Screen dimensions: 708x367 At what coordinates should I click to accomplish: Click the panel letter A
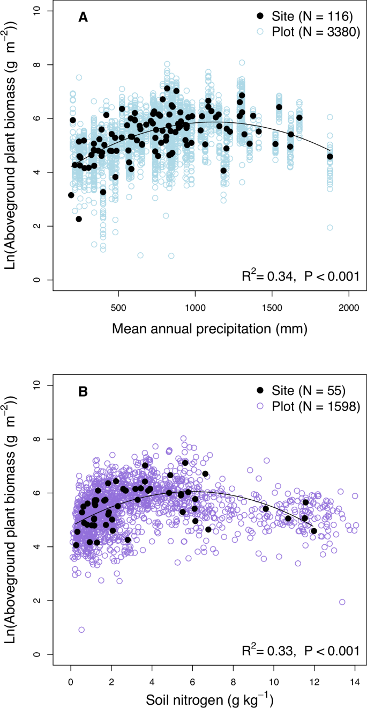[83, 18]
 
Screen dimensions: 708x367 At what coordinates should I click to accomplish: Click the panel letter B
[83, 392]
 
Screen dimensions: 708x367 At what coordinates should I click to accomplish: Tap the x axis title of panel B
[209, 697]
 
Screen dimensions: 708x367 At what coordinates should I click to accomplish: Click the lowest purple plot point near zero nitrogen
[81, 630]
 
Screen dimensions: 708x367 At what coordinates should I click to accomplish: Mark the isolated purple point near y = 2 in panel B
[342, 602]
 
